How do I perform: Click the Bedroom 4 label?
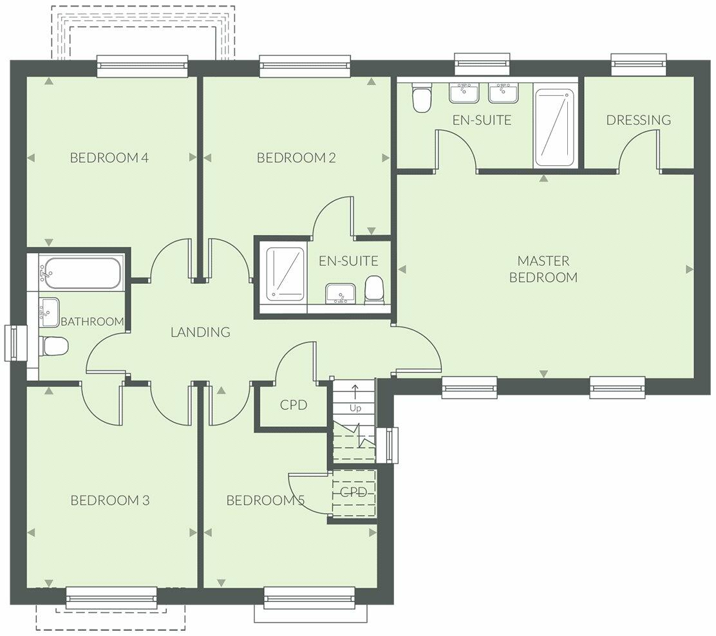point(109,158)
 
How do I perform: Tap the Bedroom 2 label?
point(296,158)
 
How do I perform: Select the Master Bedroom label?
point(543,269)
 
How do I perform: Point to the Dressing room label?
point(639,120)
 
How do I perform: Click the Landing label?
point(200,332)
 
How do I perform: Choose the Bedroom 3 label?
point(110,500)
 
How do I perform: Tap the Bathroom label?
point(92,321)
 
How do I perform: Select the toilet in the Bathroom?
point(54,346)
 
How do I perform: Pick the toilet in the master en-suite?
point(420,97)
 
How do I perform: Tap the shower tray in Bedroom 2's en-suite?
point(285,274)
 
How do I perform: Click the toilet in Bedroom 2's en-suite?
point(375,290)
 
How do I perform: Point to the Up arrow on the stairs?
point(355,393)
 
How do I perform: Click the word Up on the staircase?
point(355,408)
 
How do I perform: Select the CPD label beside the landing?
point(294,405)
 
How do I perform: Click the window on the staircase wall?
point(392,445)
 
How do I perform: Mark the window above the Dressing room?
point(639,64)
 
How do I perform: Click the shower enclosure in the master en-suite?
point(554,127)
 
